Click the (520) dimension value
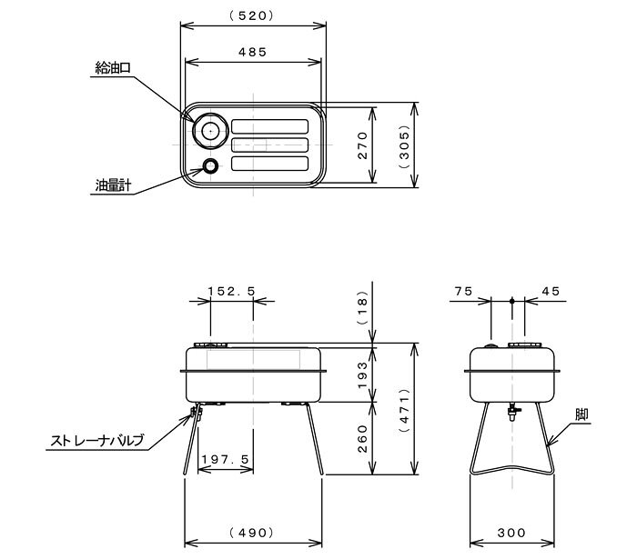click(x=252, y=15)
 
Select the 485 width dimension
click(x=252, y=52)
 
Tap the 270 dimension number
click(x=362, y=145)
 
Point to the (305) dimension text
click(x=405, y=145)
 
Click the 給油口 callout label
click(x=113, y=68)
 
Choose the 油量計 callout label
click(x=113, y=185)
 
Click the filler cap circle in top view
click(x=210, y=131)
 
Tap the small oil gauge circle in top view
click(x=210, y=166)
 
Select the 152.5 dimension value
click(x=231, y=291)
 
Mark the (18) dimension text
click(x=362, y=307)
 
